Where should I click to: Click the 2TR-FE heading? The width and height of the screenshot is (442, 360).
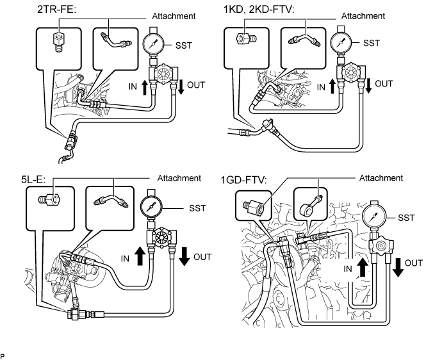[57, 10]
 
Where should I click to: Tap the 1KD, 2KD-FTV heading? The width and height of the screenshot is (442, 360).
[259, 10]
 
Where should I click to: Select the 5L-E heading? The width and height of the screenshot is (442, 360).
[33, 179]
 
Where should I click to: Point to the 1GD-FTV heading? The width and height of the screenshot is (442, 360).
[244, 180]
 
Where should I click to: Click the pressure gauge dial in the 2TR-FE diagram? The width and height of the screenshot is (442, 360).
[154, 44]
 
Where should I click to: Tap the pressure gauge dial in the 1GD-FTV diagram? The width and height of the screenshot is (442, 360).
[374, 218]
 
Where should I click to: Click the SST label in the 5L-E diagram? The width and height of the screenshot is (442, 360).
[197, 208]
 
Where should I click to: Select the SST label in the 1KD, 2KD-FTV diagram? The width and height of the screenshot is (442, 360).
[372, 43]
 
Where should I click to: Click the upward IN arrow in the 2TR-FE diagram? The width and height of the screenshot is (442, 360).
[144, 87]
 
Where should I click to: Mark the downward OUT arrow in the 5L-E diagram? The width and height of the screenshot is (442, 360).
[184, 256]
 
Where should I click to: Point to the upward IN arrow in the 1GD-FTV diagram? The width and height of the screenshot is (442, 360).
[363, 267]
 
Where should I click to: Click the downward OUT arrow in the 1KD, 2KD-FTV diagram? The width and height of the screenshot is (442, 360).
[368, 86]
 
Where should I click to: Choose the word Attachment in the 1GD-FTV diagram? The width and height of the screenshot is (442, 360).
[381, 178]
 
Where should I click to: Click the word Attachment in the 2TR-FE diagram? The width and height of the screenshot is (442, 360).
[174, 16]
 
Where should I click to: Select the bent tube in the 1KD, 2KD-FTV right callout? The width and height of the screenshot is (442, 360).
[303, 40]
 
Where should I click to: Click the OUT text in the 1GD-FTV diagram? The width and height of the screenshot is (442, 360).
[414, 263]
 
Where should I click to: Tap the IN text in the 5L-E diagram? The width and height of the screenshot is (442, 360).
[125, 259]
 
